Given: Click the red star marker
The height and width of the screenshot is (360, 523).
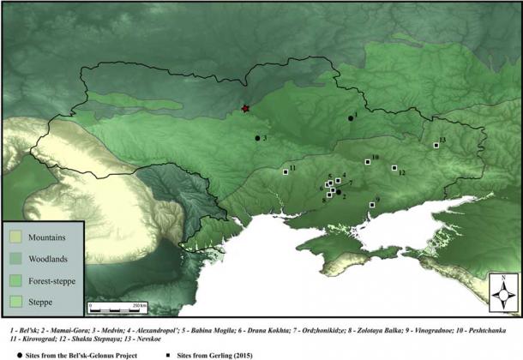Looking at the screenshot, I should [x=245, y=108].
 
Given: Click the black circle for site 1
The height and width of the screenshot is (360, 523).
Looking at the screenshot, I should [x=351, y=118].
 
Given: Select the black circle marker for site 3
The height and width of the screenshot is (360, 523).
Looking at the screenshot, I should [x=257, y=137].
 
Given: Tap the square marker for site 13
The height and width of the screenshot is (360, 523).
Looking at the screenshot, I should [x=436, y=146].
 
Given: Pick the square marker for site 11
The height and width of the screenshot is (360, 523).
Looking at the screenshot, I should [x=286, y=171].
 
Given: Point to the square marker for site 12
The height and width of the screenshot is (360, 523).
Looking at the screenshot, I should [x=394, y=168].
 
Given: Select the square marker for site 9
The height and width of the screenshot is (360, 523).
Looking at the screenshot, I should [x=371, y=204].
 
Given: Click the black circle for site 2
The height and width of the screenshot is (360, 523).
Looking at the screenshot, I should [x=340, y=193].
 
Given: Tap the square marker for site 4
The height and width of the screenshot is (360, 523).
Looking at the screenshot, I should [x=339, y=181].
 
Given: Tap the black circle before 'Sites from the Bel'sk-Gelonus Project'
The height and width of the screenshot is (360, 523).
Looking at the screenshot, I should [x=9, y=352].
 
